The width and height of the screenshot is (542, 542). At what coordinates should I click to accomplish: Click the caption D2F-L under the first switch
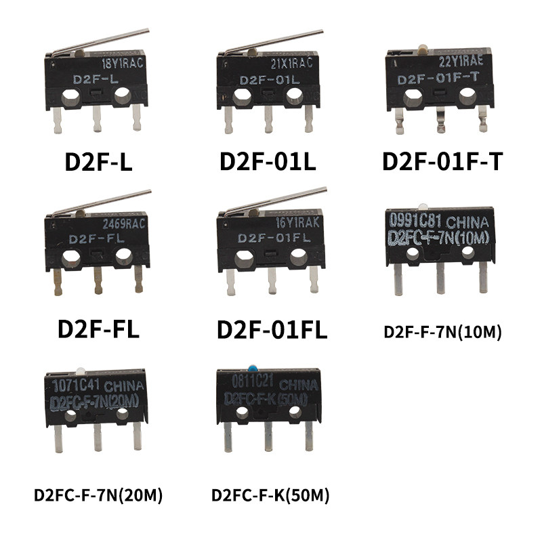pyautogui.click(x=98, y=162)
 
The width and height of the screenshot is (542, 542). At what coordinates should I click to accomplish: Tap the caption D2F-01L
pyautogui.click(x=268, y=161)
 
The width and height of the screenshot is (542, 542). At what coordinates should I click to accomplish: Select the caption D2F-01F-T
pyautogui.click(x=442, y=161)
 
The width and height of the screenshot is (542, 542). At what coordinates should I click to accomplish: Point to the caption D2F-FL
pyautogui.click(x=98, y=329)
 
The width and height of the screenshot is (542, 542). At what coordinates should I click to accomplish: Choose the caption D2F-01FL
pyautogui.click(x=272, y=330)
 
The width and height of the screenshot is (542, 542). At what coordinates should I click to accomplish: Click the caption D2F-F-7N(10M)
pyautogui.click(x=443, y=332)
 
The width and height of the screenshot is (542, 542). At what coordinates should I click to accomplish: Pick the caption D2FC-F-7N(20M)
pyautogui.click(x=98, y=495)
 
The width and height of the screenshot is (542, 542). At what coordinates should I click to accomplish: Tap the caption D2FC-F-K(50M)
pyautogui.click(x=270, y=495)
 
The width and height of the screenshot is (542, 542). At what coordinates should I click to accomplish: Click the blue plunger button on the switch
pyautogui.click(x=253, y=367)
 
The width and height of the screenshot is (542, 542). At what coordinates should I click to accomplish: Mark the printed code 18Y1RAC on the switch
pyautogui.click(x=123, y=63)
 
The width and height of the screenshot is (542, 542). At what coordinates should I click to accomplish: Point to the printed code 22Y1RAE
pyautogui.click(x=461, y=62)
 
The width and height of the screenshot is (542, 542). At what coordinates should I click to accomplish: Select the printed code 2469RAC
pyautogui.click(x=124, y=224)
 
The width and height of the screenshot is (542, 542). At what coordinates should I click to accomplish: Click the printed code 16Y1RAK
pyautogui.click(x=297, y=223)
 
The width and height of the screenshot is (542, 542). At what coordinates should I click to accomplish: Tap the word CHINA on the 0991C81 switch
pyautogui.click(x=467, y=222)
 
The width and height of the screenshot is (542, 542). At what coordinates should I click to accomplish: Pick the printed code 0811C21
pyautogui.click(x=252, y=381)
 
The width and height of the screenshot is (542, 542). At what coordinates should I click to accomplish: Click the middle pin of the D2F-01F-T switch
pyautogui.click(x=440, y=120)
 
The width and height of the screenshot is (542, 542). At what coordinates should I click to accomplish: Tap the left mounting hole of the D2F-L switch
pyautogui.click(x=71, y=97)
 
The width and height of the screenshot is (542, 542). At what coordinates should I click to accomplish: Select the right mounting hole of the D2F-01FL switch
pyautogui.click(x=299, y=257)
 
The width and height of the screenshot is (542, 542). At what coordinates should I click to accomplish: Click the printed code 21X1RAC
pyautogui.click(x=292, y=63)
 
